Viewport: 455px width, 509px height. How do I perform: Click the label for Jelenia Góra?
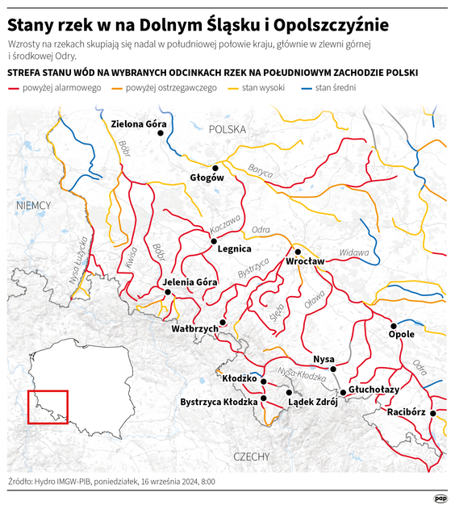pyautogui.click(x=190, y=282)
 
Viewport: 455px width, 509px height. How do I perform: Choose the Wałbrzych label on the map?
pyautogui.click(x=195, y=329)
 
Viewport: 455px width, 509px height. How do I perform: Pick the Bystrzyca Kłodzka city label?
pyautogui.click(x=219, y=401)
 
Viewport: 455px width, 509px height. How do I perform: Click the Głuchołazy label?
pyautogui.click(x=374, y=389)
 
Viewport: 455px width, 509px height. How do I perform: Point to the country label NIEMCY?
pyautogui.click(x=33, y=207)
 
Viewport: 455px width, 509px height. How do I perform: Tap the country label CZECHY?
pyautogui.click(x=251, y=457)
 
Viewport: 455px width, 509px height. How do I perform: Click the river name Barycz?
pyautogui.click(x=261, y=169)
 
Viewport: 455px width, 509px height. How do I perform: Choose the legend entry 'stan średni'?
pyautogui.click(x=334, y=87)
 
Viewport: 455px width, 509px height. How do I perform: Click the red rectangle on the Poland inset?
pyautogui.click(x=48, y=407)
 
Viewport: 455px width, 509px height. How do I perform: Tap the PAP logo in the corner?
pyautogui.click(x=440, y=497)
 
